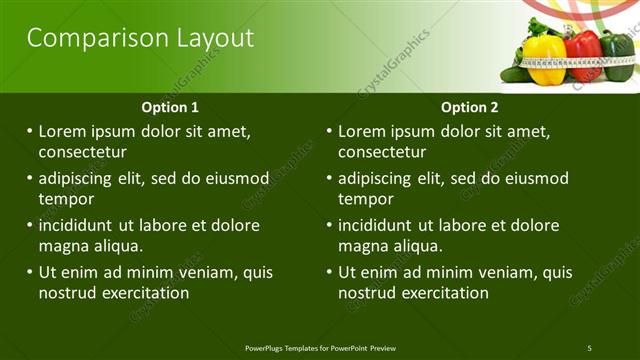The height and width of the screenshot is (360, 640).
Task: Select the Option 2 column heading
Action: coord(469,107)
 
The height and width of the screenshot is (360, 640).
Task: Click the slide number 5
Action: coord(589,348)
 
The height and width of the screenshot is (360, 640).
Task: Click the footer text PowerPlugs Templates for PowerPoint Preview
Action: coord(320,348)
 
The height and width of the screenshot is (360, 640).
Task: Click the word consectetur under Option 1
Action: coord(82,152)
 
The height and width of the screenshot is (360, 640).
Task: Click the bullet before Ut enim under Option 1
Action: coord(30,272)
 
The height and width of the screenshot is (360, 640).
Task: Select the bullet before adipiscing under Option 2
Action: coord(330,178)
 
